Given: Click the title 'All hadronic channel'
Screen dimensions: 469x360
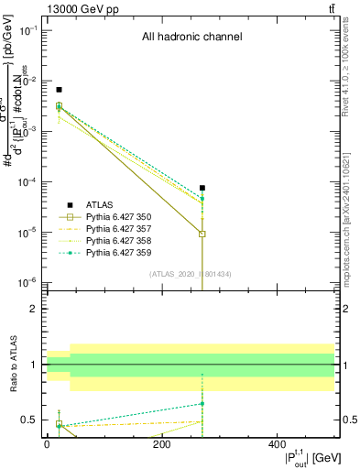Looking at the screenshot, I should click(x=191, y=38).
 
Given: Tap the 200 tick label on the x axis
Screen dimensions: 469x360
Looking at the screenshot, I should click(x=162, y=443).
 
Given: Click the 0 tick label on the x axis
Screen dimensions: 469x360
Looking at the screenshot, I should click(x=47, y=443).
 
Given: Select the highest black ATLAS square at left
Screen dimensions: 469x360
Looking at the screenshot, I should click(x=59, y=90).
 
